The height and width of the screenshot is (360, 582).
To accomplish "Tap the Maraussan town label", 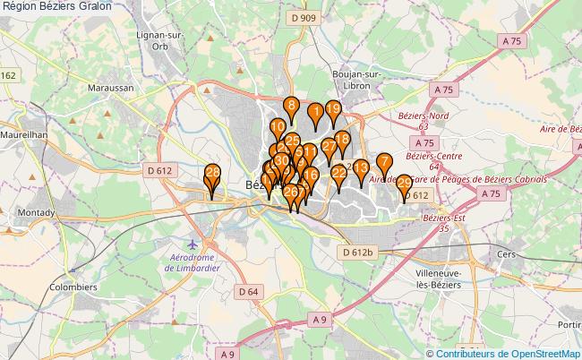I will (x=111, y=89).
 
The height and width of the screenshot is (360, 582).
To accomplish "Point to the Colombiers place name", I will (x=73, y=287).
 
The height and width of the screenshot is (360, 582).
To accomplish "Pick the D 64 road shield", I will (x=249, y=291).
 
